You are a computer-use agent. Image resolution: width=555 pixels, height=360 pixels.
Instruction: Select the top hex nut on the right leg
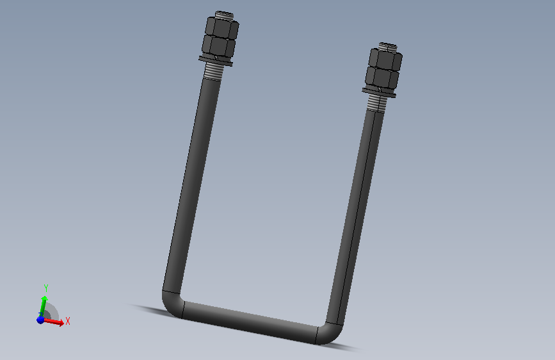point(385,61)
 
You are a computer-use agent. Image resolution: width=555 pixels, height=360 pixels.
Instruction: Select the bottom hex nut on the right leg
point(383,79)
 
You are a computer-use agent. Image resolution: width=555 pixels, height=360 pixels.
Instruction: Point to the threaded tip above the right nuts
point(388,47)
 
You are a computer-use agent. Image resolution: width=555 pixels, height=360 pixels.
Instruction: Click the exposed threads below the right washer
point(377,103)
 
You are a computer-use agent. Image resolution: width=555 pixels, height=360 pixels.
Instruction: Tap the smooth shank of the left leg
point(192,186)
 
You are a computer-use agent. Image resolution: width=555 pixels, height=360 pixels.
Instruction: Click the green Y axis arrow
point(44,302)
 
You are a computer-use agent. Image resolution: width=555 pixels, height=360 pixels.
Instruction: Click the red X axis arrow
point(56,322)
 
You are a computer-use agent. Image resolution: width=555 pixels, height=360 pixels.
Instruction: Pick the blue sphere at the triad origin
point(41,319)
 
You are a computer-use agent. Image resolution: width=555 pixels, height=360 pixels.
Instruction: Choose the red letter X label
point(67,321)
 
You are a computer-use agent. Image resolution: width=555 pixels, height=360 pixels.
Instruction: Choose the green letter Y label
point(46,288)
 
